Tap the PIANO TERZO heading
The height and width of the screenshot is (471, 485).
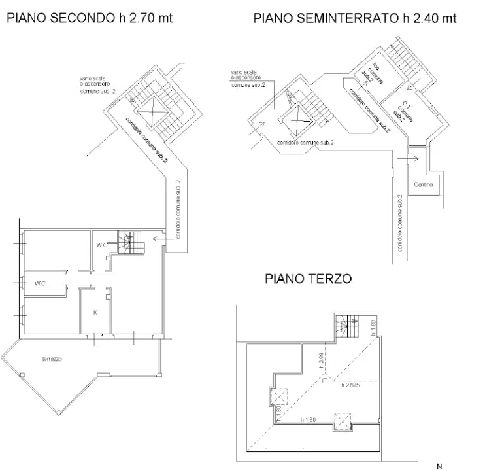pyautogui.click(x=308, y=279)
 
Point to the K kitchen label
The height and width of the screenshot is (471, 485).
pyautogui.click(x=95, y=313)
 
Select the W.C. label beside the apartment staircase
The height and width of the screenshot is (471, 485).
pyautogui.click(x=100, y=245)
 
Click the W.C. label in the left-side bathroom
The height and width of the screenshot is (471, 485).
pyautogui.click(x=44, y=284)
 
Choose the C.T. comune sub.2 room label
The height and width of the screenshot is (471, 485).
pyautogui.click(x=407, y=111)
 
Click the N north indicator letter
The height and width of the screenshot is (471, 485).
pyautogui.click(x=439, y=466)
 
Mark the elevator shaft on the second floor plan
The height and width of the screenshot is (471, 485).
pyautogui.click(x=152, y=108)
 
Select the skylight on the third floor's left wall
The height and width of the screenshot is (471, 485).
pyautogui.click(x=275, y=396)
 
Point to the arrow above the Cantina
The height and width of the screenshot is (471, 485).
pyautogui.click(x=412, y=158)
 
